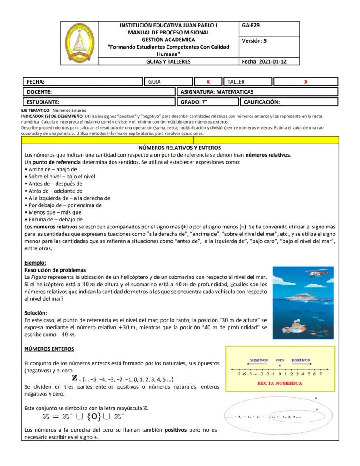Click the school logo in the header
point(80,43)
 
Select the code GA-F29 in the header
point(250,26)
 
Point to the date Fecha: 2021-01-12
point(264,62)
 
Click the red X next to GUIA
point(208,82)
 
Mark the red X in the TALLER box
point(306,82)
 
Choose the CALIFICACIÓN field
point(288,102)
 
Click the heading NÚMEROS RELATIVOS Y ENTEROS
point(180,148)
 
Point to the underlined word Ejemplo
point(35,263)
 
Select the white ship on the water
point(304,296)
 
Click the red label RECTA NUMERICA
point(280,383)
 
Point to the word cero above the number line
point(280,360)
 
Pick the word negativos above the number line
point(258,360)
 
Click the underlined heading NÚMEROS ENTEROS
point(49,349)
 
